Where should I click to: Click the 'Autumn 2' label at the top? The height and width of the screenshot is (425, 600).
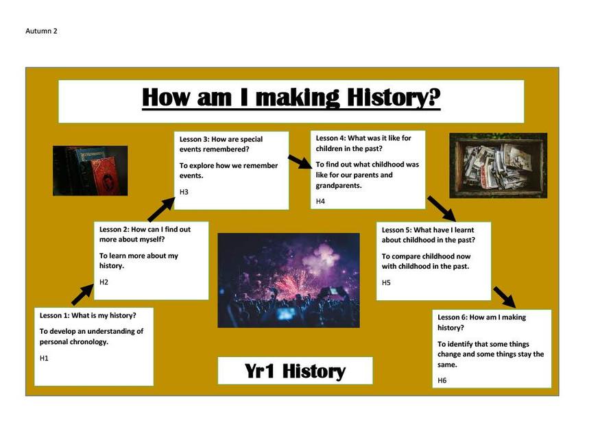click(x=41, y=31)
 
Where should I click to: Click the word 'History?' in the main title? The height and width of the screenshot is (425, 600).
click(x=394, y=97)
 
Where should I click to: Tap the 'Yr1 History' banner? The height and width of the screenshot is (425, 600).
click(x=295, y=371)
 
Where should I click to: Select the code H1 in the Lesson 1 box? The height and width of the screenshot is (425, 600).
click(x=44, y=358)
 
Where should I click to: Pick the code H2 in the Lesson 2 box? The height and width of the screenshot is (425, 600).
click(x=104, y=282)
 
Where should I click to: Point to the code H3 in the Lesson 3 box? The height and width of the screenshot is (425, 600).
click(x=184, y=192)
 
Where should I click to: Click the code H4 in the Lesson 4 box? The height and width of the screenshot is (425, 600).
click(x=320, y=202)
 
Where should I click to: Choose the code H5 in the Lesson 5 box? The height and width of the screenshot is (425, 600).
click(x=386, y=282)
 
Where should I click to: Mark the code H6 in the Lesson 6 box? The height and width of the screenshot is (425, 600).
click(x=442, y=380)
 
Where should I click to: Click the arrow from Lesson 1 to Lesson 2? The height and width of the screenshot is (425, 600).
click(x=82, y=294)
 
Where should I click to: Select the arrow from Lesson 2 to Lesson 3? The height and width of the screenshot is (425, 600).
click(x=161, y=209)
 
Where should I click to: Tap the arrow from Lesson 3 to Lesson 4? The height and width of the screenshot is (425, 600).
click(x=300, y=161)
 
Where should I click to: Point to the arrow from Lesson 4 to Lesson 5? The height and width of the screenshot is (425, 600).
click(x=442, y=208)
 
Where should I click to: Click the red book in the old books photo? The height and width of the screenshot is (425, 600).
click(x=104, y=177)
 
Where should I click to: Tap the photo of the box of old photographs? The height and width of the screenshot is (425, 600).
click(x=499, y=166)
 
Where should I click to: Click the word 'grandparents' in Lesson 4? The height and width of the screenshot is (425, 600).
click(x=337, y=186)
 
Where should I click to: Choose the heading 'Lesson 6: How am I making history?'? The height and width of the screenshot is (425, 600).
click(x=482, y=322)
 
